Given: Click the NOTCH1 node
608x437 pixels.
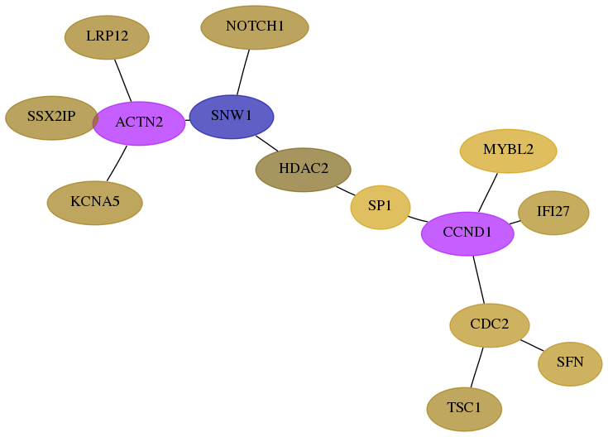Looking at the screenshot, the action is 255,27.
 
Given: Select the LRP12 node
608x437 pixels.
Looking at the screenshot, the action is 107,37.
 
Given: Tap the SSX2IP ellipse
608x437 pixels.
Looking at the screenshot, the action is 51,118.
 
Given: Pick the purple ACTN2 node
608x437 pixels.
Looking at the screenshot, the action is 139,123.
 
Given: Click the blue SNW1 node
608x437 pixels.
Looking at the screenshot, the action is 232,117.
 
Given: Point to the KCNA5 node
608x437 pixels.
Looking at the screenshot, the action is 95,203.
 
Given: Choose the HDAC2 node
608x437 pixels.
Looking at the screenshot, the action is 304,170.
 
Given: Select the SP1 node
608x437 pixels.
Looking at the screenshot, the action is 381,207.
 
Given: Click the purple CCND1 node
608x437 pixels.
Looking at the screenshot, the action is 467,233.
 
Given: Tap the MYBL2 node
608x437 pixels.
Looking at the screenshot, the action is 509,151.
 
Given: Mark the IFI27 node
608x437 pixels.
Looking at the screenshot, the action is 553,213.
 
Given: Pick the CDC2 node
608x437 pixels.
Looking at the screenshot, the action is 490,325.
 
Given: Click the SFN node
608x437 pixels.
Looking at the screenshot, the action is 570,363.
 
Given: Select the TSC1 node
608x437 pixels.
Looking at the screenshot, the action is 464,409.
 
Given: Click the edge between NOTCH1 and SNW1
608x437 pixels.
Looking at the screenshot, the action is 243,72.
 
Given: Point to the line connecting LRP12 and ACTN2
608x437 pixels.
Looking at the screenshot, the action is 123,80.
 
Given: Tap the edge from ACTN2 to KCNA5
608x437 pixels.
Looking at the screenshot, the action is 117,163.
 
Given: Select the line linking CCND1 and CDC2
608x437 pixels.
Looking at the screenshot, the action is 478,280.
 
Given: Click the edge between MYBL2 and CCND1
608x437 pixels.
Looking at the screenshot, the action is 488,193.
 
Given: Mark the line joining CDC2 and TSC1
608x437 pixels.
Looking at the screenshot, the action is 477,367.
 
